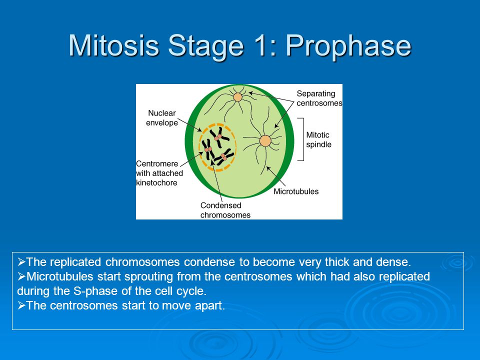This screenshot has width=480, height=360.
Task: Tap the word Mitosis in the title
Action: [113, 45]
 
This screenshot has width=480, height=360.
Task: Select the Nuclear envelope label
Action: [161, 118]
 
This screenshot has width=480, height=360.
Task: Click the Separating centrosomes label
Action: [319, 98]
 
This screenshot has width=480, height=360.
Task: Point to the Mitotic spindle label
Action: [318, 139]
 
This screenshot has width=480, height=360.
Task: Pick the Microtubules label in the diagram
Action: [296, 191]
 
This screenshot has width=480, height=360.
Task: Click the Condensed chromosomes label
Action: [225, 210]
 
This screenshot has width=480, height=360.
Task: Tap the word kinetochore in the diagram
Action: [156, 183]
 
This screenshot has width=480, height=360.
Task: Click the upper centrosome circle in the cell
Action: [237, 97]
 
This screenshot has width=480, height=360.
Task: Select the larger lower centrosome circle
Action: [265, 141]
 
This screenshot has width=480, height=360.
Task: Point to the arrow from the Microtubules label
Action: [276, 176]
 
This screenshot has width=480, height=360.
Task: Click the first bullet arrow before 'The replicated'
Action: [21, 262]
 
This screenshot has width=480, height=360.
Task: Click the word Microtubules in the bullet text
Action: [59, 276]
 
